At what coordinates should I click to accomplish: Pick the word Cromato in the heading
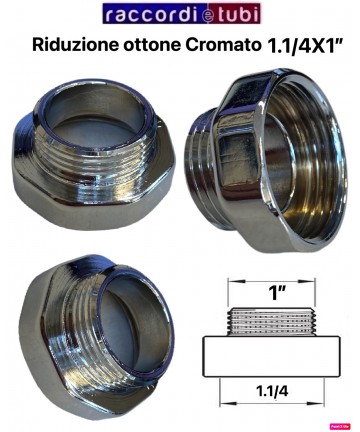tap(223, 45)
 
